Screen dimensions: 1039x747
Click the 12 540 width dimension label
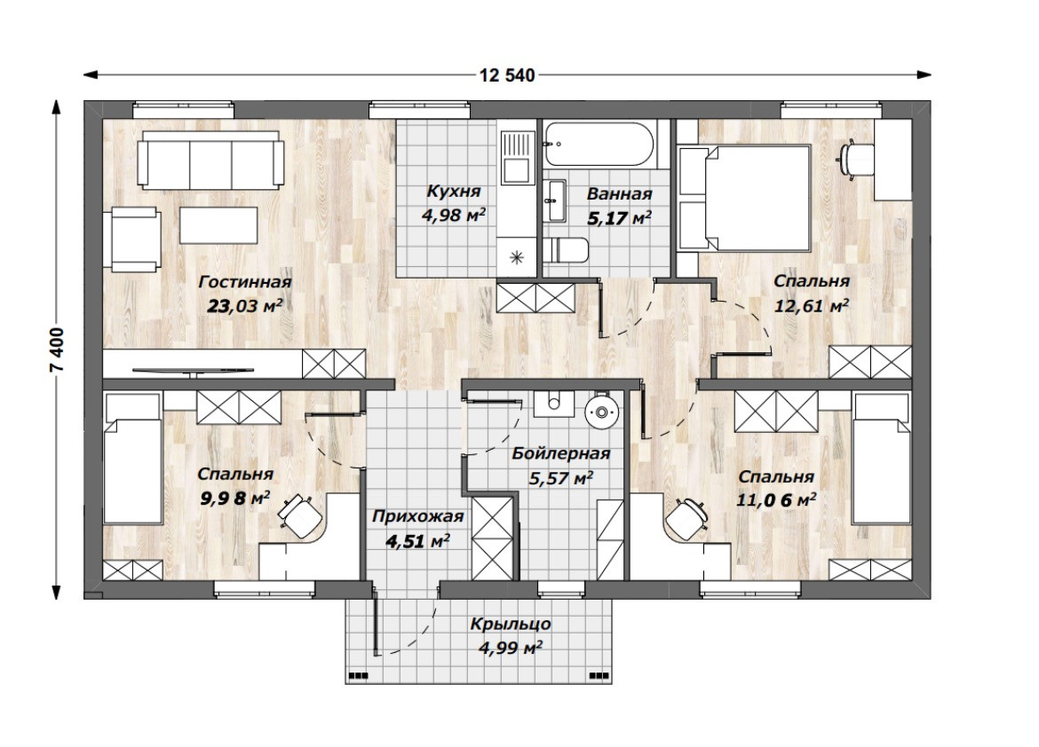(507, 75)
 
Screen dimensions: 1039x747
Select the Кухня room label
(453, 192)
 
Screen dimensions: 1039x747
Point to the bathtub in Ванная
(599, 143)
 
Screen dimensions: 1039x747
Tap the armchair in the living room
(134, 239)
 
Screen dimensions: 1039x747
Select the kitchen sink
(518, 158)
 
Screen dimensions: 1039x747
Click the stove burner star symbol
(517, 257)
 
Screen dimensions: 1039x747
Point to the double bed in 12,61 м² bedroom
(744, 199)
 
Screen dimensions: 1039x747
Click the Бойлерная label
(560, 454)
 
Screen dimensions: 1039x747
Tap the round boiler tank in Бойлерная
(602, 412)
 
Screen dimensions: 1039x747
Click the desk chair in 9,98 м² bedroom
(299, 514)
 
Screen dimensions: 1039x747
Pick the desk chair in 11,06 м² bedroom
(686, 516)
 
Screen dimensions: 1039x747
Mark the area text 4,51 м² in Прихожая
(418, 542)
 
